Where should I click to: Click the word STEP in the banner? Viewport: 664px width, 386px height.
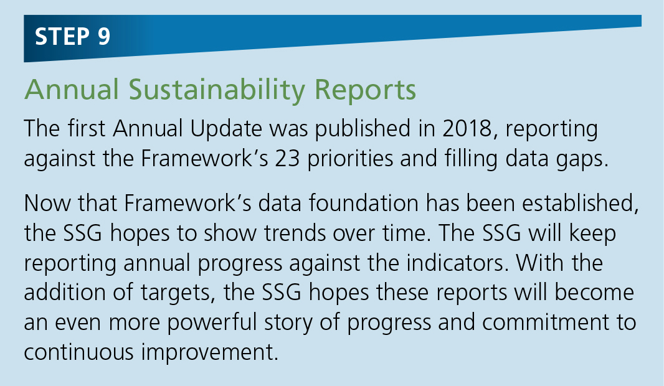coord(62,36)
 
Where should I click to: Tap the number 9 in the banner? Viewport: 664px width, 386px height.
coord(104,36)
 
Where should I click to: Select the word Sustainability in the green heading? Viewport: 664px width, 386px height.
coord(217,90)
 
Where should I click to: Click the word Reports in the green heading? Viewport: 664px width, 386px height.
coord(365,90)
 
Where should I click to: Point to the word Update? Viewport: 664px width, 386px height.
coord(226,129)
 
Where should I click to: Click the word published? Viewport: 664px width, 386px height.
coord(363,129)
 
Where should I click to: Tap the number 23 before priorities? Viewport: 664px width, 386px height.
coord(287,159)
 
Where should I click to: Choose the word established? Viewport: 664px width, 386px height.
coord(580,203)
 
